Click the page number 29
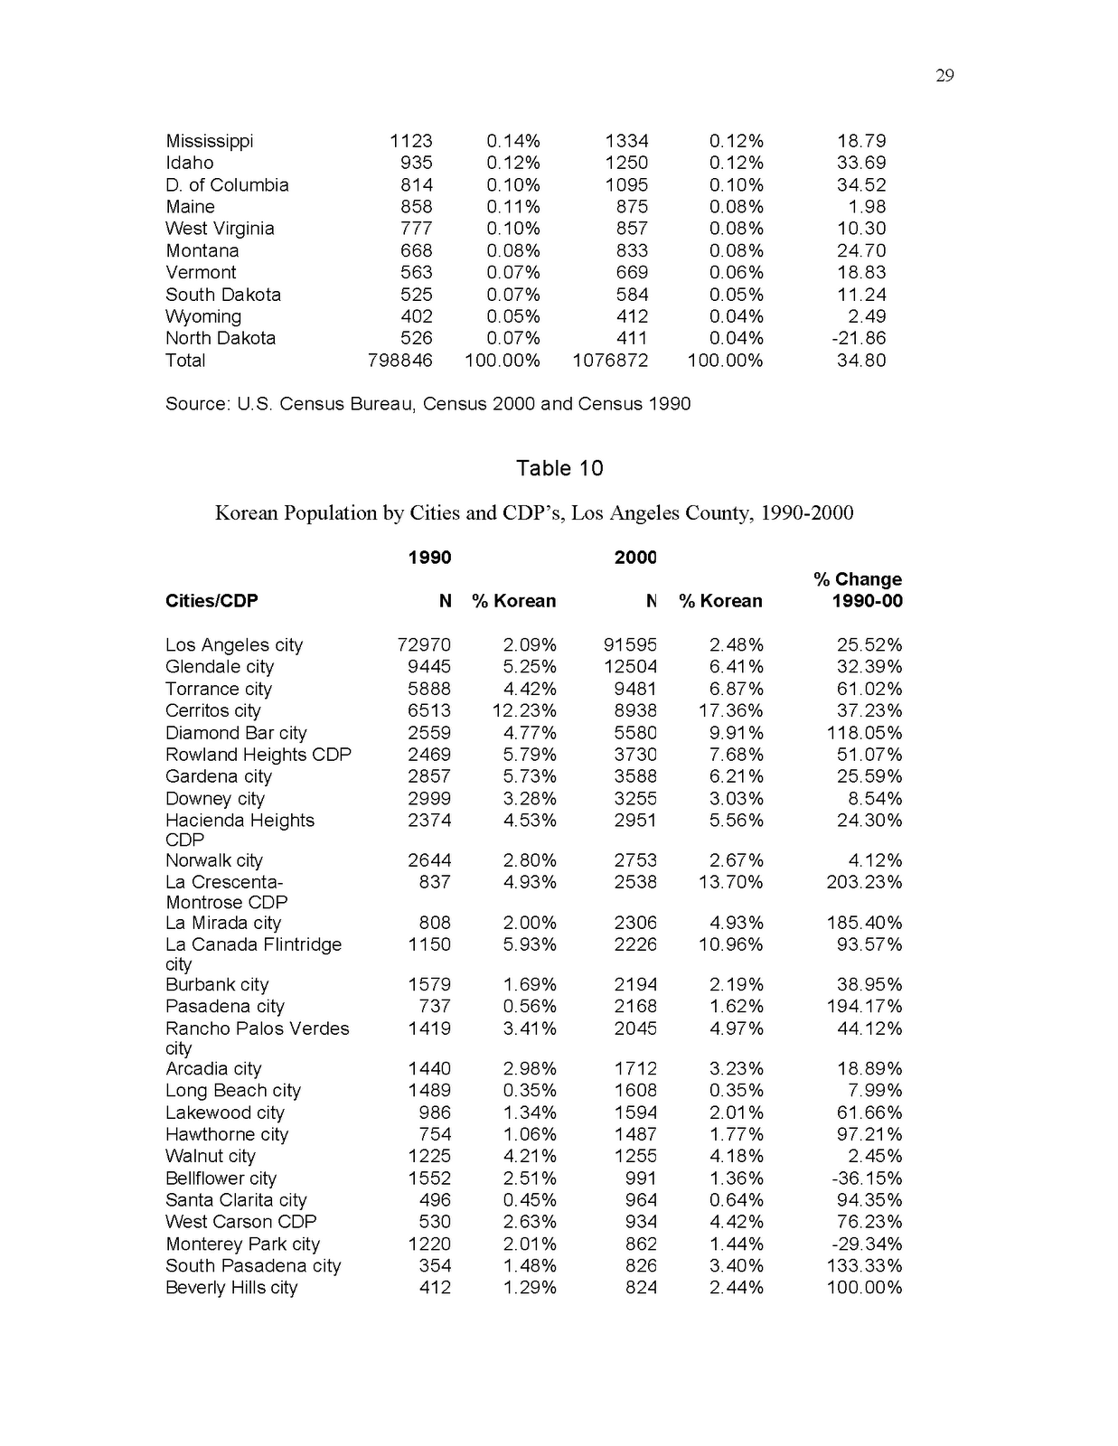944,76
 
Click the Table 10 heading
559,468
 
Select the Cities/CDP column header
211,601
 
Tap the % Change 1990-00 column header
858,590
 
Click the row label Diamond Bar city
236,733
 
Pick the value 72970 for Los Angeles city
424,645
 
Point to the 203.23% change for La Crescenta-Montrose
864,882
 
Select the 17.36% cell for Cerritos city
731,711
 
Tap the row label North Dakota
221,338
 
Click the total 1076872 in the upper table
610,361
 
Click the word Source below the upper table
196,404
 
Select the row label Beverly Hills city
231,1288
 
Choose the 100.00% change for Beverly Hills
864,1288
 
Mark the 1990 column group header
429,558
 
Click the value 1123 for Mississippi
411,141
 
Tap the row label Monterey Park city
242,1244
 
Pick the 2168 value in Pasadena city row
635,1007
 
